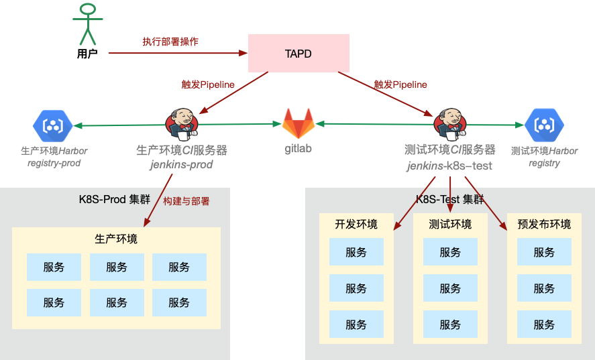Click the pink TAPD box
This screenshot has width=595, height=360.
(299, 54)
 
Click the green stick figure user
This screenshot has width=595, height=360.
(87, 23)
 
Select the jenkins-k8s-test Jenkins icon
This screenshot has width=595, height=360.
(450, 122)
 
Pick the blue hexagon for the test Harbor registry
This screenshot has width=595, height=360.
(544, 125)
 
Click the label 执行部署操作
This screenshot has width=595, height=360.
(170, 42)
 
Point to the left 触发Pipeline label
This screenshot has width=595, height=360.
(208, 85)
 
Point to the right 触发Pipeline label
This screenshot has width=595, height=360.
(400, 85)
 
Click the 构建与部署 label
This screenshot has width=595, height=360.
(186, 200)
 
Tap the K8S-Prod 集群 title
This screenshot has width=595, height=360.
(115, 199)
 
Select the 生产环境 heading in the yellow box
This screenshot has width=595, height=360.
(116, 239)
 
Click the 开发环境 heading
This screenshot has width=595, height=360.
(356, 225)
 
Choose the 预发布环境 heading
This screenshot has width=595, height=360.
(544, 225)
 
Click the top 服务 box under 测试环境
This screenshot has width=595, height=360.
(450, 252)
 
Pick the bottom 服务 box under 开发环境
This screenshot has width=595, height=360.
(356, 324)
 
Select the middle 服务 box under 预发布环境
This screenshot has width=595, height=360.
(544, 288)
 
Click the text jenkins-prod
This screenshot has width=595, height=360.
(181, 165)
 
